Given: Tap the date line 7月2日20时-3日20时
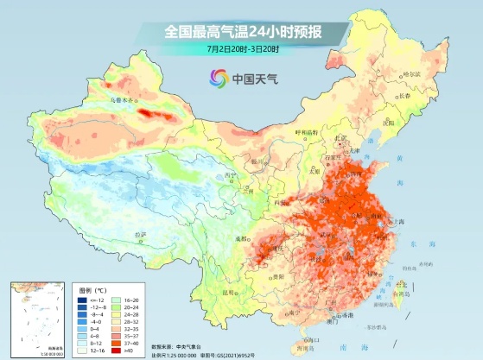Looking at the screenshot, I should (x=243, y=49).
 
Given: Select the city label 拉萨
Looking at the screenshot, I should (x=140, y=234).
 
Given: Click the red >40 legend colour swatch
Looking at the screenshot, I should (x=117, y=351).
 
